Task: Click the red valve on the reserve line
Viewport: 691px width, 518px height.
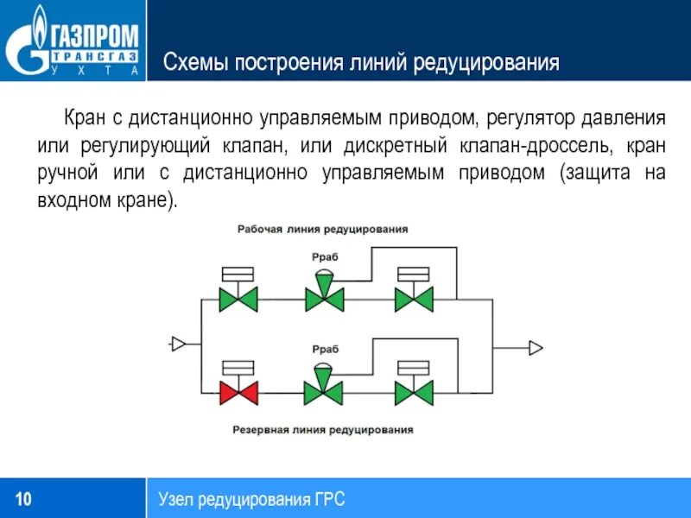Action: (238, 393)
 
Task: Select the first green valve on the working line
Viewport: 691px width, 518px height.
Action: (238, 300)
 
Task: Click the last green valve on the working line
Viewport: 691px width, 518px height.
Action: (414, 300)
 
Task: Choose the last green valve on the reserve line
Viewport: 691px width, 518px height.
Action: (414, 393)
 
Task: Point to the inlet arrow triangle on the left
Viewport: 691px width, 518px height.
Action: (179, 344)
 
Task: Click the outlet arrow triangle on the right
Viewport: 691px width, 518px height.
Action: (536, 347)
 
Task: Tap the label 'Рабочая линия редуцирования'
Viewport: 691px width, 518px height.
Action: (323, 230)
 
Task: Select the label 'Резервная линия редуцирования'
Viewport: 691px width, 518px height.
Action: (323, 429)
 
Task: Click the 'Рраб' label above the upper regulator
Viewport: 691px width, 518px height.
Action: (325, 257)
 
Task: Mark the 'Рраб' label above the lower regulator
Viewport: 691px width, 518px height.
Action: (325, 350)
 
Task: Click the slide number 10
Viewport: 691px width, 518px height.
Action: (23, 499)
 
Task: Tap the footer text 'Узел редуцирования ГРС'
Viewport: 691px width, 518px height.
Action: (251, 499)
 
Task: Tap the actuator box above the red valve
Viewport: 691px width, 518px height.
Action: (238, 366)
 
